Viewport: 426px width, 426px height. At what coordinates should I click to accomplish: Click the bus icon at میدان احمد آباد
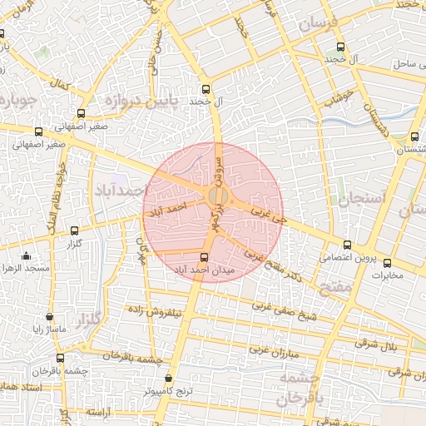[205, 257]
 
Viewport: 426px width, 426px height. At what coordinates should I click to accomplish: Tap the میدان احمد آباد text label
[205, 270]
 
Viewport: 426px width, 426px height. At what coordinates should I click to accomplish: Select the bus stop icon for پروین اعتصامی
[347, 245]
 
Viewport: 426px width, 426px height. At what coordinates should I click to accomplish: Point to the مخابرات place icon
[386, 261]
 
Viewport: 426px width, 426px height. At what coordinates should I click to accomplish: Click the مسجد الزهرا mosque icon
[27, 256]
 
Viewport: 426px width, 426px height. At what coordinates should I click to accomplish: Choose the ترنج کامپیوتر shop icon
[169, 377]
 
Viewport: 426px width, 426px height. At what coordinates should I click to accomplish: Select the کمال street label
[60, 85]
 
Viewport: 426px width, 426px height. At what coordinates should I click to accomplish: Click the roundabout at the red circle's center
[216, 196]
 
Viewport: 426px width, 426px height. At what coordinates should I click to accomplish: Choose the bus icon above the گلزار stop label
[75, 230]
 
